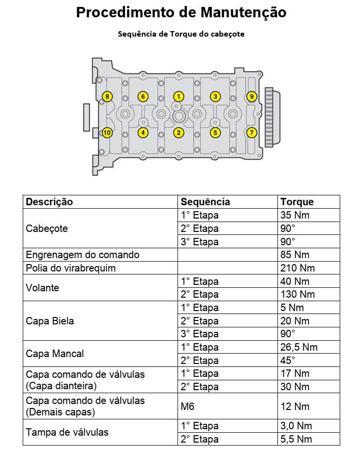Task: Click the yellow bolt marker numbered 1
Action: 179,96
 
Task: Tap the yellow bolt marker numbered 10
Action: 107,133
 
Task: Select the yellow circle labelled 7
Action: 252,133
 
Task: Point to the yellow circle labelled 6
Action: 142,96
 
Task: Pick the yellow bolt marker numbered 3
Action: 215,96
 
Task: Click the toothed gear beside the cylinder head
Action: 269,117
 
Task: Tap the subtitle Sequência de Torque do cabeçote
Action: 181,34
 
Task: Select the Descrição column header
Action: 49,202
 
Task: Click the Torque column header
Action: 297,202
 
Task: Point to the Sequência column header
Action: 205,202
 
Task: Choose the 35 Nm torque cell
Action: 295,215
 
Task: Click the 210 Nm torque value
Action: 297,268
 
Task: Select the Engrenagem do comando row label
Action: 83,255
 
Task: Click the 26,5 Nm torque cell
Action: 299,347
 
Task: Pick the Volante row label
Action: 43,288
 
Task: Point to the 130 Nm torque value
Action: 297,294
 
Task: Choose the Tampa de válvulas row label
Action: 67,432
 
